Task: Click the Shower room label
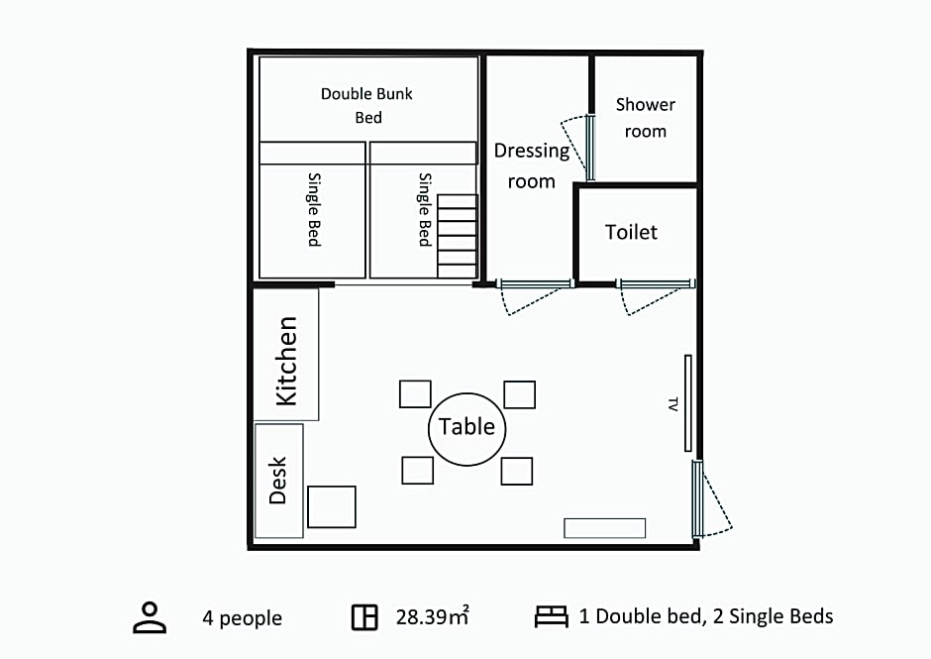[646, 118]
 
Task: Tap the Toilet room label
[631, 232]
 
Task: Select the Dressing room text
[532, 165]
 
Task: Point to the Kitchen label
[287, 362]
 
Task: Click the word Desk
[278, 481]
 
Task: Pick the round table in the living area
[467, 429]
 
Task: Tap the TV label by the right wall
[672, 404]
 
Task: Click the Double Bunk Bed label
[366, 105]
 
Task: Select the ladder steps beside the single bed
[458, 236]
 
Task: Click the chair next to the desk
[332, 506]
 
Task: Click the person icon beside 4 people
[150, 618]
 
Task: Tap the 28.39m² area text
[432, 616]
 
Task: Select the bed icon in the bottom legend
[551, 616]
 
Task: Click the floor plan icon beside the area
[364, 617]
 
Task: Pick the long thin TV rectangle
[688, 403]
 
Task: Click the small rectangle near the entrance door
[604, 528]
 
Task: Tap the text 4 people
[243, 618]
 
